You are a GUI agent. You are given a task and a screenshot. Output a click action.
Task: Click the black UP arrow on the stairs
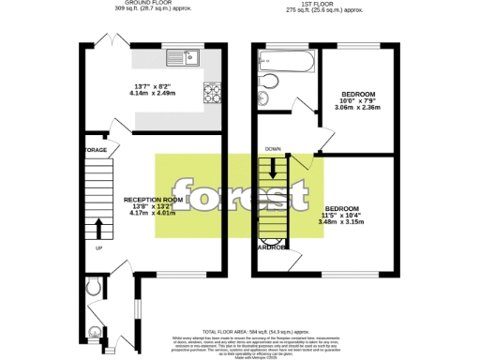[98, 228]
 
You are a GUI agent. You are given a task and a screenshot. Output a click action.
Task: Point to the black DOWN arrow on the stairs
[274, 168]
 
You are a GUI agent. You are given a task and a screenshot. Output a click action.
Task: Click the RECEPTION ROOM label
[153, 200]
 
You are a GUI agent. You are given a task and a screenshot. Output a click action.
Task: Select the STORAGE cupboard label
[96, 150]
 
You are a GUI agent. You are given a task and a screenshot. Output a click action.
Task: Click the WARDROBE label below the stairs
[274, 247]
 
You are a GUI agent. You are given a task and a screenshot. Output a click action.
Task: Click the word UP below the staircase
[98, 248]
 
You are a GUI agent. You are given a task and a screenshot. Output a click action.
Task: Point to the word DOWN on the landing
[273, 149]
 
